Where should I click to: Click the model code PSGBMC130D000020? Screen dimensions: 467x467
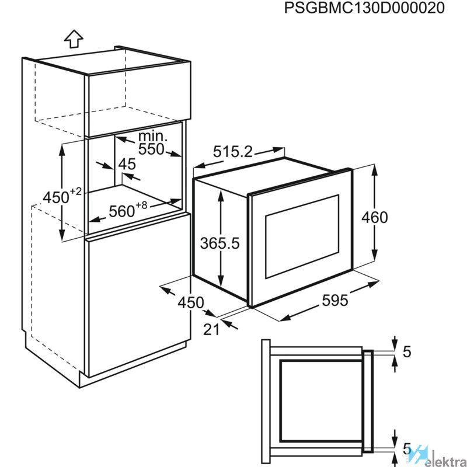click(364, 8)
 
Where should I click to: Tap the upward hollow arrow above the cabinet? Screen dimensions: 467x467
click(74, 39)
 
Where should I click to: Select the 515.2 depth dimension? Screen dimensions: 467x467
click(232, 152)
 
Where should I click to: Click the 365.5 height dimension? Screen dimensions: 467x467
click(220, 243)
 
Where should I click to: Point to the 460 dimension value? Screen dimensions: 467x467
click(374, 217)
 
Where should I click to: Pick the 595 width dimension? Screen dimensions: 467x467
click(334, 301)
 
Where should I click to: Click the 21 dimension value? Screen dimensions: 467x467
click(211, 330)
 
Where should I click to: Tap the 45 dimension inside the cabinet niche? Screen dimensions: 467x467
click(127, 164)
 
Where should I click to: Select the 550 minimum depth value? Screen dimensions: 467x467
click(151, 149)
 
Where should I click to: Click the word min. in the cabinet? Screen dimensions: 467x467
click(153, 136)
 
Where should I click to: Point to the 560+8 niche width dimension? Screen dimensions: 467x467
click(128, 210)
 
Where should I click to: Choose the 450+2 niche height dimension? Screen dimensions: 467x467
click(62, 196)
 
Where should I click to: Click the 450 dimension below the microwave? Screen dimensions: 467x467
click(191, 303)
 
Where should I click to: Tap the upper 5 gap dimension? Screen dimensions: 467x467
click(407, 352)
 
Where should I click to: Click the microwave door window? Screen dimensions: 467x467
click(302, 236)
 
